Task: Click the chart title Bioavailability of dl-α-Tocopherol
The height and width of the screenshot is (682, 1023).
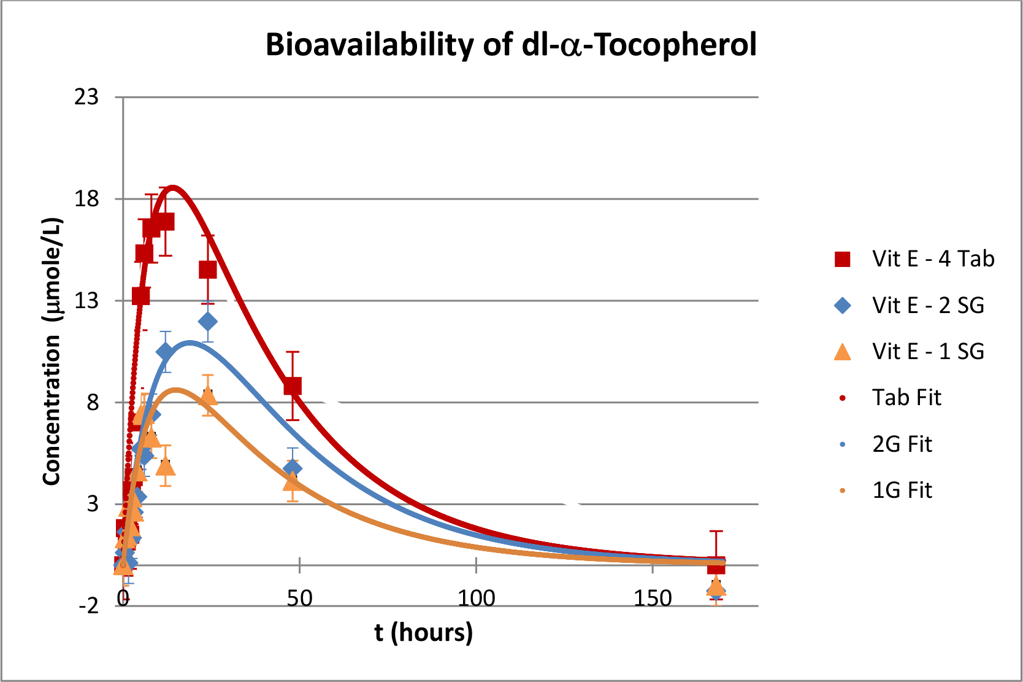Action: (511, 45)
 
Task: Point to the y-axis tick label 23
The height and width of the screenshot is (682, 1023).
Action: (86, 97)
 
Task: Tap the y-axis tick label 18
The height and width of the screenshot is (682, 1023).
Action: (86, 199)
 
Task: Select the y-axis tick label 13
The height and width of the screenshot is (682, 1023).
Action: (86, 301)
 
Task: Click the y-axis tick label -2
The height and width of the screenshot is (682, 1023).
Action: (88, 606)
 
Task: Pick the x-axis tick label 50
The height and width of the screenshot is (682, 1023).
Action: (299, 598)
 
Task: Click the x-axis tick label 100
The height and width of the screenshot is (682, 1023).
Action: (477, 598)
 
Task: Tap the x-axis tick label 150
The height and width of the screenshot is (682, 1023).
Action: (653, 598)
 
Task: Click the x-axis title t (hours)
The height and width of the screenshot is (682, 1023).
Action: (424, 632)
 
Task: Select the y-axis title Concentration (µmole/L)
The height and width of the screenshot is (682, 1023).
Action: (53, 351)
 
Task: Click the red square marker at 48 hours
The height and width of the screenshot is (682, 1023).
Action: (293, 386)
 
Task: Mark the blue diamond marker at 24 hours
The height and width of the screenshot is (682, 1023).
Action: (208, 322)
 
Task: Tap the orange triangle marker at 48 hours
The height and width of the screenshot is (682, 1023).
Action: (293, 482)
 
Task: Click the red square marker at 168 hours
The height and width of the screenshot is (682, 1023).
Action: (716, 565)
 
